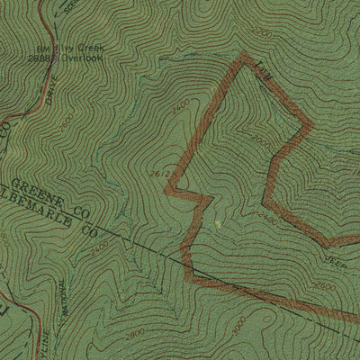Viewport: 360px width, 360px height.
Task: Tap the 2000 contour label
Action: coord(261,142)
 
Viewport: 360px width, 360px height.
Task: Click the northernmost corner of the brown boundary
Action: coord(243,56)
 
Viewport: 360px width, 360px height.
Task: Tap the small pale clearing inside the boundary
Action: coord(217,219)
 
